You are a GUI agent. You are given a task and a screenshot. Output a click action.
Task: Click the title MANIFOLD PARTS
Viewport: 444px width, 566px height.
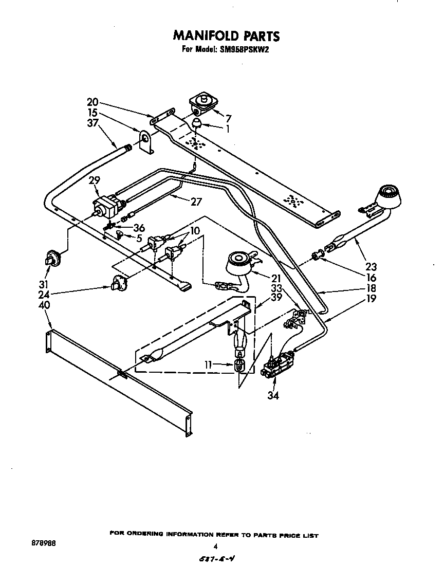tap(227, 35)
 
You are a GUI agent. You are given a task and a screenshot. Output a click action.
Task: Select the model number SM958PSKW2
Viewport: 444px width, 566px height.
tap(248, 50)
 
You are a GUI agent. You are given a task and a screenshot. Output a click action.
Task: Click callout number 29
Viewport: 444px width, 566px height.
tap(94, 180)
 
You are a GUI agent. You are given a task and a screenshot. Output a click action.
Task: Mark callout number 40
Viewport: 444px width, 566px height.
tap(45, 305)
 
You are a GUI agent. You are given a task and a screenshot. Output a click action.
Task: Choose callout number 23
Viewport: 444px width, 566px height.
tap(371, 266)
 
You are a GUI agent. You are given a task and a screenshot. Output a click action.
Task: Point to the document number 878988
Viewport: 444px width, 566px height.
tap(42, 543)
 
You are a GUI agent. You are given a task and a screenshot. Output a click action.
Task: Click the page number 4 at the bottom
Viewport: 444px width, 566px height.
tap(216, 546)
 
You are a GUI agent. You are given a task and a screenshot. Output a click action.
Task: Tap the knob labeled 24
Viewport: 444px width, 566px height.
tap(118, 282)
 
